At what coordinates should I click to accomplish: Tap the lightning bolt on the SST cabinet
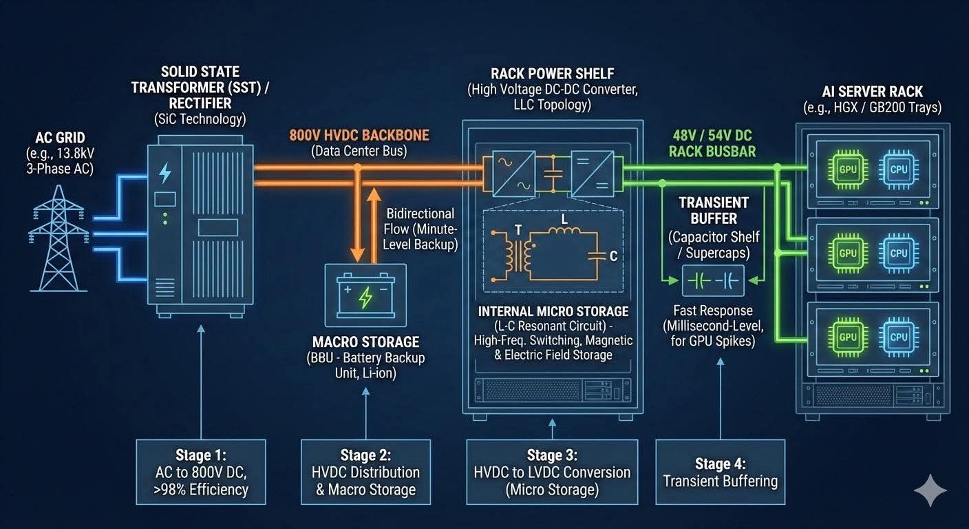point(165,172)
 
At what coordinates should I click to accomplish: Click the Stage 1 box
point(201,473)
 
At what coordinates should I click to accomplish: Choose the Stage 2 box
point(366,473)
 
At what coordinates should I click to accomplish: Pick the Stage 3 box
point(552,473)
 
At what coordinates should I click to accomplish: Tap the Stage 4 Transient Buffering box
point(721,473)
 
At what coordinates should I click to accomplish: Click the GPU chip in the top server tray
point(848,169)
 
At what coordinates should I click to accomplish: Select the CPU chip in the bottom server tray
point(899,336)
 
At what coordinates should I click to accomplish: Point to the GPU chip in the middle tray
point(848,253)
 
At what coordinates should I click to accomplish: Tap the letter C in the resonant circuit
point(613,256)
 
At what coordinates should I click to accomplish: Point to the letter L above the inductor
point(564,219)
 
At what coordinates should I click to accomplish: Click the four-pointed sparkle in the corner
point(930,490)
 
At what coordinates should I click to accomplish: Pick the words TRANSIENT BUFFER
point(713,211)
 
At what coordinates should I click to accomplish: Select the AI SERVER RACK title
point(872,92)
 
